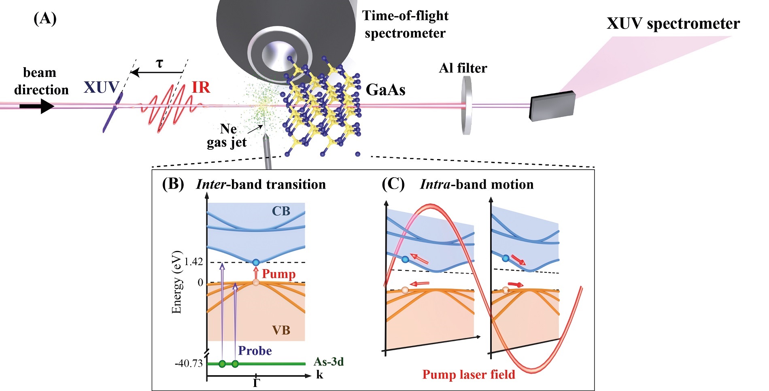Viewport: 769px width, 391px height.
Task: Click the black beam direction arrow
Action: tap(36, 106)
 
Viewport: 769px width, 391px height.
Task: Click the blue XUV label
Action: tap(101, 87)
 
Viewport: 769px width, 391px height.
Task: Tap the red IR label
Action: tap(201, 87)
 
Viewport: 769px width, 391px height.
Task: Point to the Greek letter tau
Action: tap(159, 64)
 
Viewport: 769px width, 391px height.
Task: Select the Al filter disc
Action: tap(467, 106)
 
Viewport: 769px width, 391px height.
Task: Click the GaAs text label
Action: tap(385, 89)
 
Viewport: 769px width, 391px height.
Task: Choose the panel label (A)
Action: tap(45, 18)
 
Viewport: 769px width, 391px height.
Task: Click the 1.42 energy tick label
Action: tap(193, 262)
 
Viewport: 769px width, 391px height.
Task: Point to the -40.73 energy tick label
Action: tap(189, 363)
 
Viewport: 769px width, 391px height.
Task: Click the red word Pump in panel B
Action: tap(278, 274)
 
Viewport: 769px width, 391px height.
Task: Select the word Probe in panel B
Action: tap(255, 351)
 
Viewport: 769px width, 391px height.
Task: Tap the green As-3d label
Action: tap(328, 361)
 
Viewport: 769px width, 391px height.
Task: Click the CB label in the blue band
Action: tap(281, 211)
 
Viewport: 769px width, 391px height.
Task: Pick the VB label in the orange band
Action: tap(281, 330)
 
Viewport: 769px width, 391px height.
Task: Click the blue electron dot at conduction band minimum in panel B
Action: tap(255, 262)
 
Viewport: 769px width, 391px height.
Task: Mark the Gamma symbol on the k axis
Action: tap(256, 382)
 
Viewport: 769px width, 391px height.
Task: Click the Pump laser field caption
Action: tap(468, 374)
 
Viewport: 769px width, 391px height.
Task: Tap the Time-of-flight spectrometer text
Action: tap(405, 24)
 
